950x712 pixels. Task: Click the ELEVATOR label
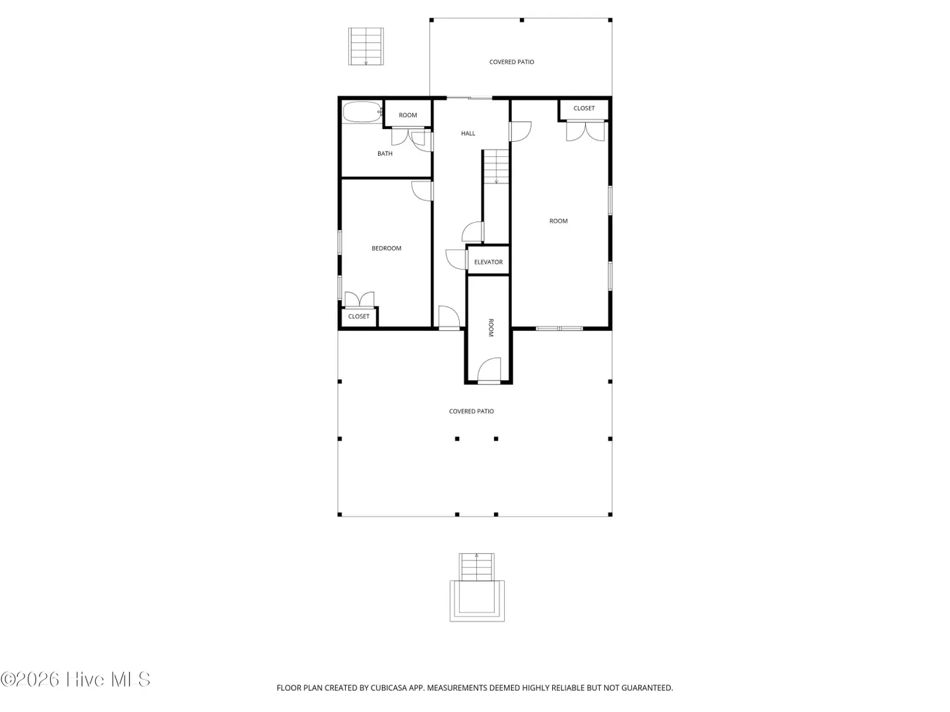pyautogui.click(x=488, y=262)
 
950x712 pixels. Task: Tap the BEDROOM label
pyautogui.click(x=386, y=248)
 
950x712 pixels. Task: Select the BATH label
pyautogui.click(x=385, y=154)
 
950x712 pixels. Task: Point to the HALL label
pyautogui.click(x=468, y=134)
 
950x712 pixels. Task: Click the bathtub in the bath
pyautogui.click(x=363, y=112)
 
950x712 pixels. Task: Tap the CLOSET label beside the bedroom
pyautogui.click(x=359, y=316)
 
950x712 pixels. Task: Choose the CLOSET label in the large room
pyautogui.click(x=584, y=108)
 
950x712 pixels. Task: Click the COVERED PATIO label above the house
pyautogui.click(x=511, y=62)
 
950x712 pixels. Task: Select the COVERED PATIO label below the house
pyautogui.click(x=471, y=411)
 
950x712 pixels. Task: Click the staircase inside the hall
pyautogui.click(x=496, y=166)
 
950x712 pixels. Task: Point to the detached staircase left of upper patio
pyautogui.click(x=365, y=46)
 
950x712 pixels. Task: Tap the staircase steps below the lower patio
pyautogui.click(x=476, y=567)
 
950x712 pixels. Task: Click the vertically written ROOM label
pyautogui.click(x=490, y=328)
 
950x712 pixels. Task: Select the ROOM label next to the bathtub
pyautogui.click(x=408, y=115)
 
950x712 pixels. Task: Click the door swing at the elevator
pyautogui.click(x=456, y=259)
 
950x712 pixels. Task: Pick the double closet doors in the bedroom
pyautogui.click(x=360, y=299)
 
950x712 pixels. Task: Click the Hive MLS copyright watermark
pyautogui.click(x=75, y=680)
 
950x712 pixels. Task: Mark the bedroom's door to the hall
pyautogui.click(x=422, y=191)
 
